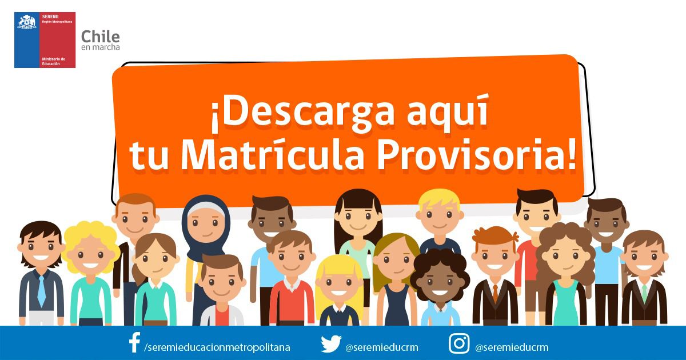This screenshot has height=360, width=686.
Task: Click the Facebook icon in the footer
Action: pos(135,342)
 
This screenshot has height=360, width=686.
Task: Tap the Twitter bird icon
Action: pos(331,344)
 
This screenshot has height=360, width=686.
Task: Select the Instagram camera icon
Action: pos(459,343)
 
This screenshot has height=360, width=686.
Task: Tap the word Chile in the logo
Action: pos(101,37)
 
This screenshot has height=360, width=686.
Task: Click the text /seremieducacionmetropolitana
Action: pos(217,347)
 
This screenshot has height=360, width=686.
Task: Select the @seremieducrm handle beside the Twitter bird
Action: pos(382,347)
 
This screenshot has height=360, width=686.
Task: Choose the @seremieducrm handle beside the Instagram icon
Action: pos(512,347)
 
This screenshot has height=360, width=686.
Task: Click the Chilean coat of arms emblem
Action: pos(27,22)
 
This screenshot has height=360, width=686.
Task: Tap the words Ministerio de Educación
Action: pos(54,61)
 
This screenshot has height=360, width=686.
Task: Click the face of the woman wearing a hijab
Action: pos(206,223)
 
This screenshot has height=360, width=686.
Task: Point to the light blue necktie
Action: pos(41,289)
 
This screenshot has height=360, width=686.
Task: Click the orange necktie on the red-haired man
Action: pos(496,293)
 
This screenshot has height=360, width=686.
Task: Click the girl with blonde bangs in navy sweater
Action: pos(338,291)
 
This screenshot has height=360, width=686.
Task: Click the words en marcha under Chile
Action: pos(101,47)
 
